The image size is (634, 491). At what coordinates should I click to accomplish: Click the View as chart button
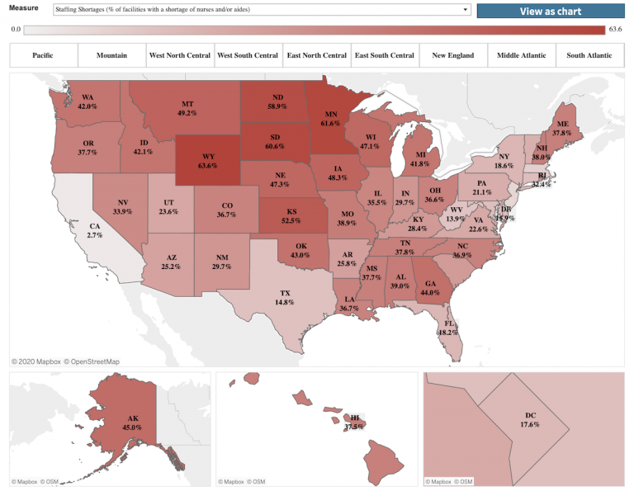coord(551,11)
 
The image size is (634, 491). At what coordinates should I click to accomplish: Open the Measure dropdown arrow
coord(466,11)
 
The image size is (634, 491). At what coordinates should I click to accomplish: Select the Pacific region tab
coord(43,55)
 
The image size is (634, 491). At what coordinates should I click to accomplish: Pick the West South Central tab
coord(248,55)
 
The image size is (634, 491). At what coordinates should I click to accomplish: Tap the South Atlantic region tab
coord(589,55)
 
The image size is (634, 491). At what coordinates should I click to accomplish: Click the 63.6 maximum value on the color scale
coord(615,30)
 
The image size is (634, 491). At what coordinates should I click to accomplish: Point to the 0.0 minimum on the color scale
coord(16,30)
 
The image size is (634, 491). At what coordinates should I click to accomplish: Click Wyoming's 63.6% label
coord(208,160)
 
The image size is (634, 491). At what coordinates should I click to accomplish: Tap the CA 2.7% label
coord(94,230)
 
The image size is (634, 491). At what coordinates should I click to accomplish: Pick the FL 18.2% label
coord(448,327)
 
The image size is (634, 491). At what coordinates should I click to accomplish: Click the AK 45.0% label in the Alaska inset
coord(108,423)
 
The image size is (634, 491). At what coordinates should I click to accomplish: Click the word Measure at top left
coord(23,8)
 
